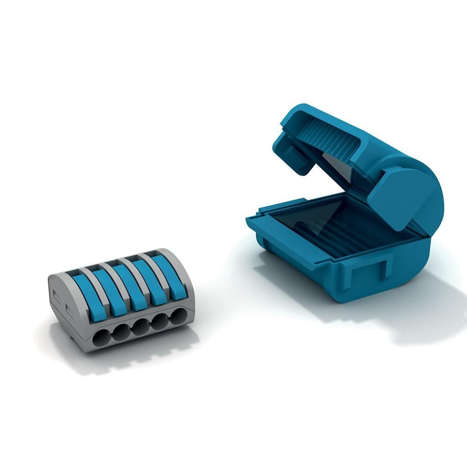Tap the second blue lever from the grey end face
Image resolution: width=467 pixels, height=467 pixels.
tap(107, 292)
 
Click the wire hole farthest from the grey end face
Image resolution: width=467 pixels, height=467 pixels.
tap(178, 317)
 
